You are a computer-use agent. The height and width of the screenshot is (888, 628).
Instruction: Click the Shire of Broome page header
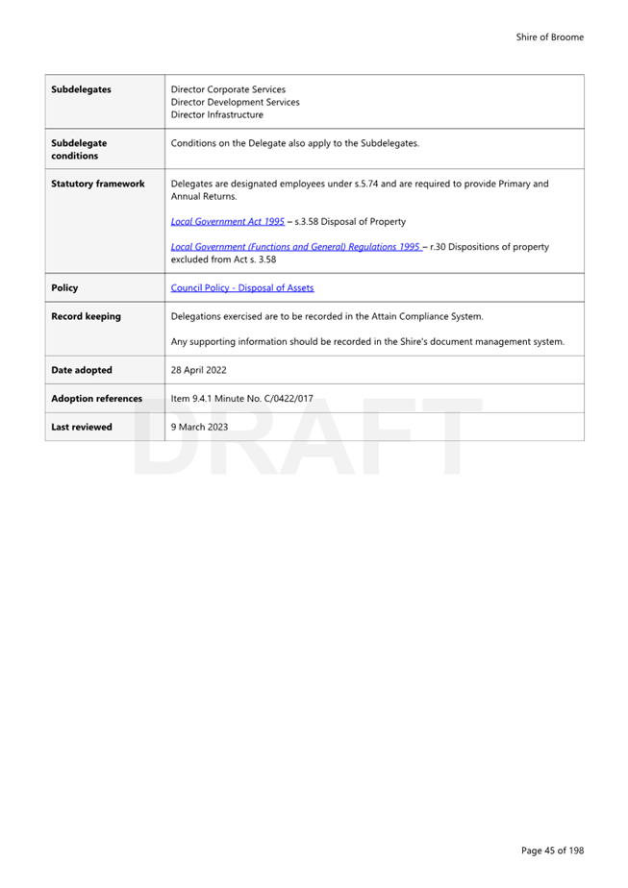coord(549,37)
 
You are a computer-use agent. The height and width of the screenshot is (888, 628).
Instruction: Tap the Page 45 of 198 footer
coord(552,850)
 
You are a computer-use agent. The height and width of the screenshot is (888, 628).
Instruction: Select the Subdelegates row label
coord(81,89)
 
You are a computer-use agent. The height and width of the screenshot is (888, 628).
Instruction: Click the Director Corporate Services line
coord(227,89)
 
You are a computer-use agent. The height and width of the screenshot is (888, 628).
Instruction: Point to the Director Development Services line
coord(235,102)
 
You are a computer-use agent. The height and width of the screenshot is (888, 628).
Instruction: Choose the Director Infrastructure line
coord(216,114)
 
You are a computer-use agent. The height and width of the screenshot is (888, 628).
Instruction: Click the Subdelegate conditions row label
coord(79,149)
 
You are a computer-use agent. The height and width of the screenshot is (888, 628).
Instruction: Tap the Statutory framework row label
coord(97,184)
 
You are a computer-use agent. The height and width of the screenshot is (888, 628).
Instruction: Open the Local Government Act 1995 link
coord(227,221)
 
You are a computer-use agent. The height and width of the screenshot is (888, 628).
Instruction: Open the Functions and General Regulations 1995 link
coord(295,247)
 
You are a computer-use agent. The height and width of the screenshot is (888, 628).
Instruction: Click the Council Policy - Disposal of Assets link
coord(241,287)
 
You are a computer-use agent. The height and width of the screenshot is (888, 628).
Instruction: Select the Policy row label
coord(64,287)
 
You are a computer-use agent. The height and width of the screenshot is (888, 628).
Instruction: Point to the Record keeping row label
coord(86,316)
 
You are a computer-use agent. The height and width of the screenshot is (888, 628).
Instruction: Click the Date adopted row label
coord(81,370)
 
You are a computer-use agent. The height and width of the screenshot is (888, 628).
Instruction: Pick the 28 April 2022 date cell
coord(199,370)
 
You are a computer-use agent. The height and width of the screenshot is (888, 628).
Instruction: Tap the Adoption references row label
coord(96,398)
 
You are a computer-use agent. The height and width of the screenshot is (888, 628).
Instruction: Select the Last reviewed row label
coord(81,427)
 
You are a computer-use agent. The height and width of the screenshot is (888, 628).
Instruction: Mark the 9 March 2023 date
coord(199,427)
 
